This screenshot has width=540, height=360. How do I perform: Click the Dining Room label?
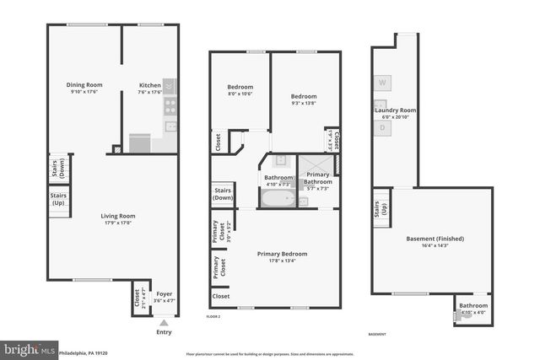[84, 84]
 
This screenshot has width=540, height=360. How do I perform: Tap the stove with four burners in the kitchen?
[170, 106]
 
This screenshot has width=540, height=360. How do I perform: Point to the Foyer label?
[164, 293]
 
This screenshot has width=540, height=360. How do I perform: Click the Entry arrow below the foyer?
[164, 321]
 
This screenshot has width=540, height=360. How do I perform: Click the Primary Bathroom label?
[318, 178]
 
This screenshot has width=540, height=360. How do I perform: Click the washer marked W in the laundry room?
[382, 83]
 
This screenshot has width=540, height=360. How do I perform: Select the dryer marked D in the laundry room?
[382, 127]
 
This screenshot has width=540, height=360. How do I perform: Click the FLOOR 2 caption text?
[213, 316]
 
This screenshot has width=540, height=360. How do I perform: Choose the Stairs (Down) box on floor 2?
[224, 195]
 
